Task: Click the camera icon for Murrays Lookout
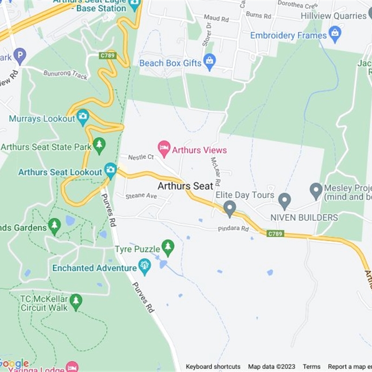(83, 117)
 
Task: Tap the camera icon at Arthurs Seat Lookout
(110, 170)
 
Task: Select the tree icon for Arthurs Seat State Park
(99, 145)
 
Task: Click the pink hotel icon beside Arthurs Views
(164, 148)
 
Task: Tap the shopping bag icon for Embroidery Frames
(334, 33)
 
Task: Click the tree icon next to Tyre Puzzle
(168, 247)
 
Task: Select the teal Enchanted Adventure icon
(145, 266)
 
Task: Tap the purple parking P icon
(19, 57)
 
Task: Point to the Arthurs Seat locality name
(185, 186)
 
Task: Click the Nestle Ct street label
(141, 157)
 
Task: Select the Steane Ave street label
(141, 196)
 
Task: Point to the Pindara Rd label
(233, 229)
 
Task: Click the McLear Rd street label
(216, 171)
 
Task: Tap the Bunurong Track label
(65, 74)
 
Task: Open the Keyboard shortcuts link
(213, 366)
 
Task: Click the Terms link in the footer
(312, 366)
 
